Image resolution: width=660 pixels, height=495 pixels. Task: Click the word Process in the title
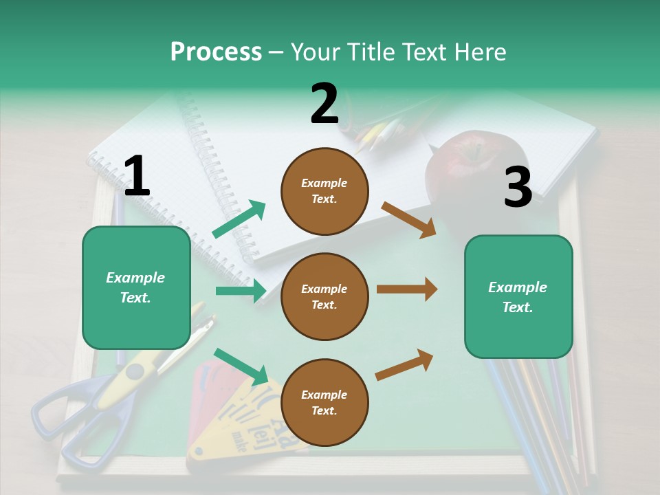coord(216,52)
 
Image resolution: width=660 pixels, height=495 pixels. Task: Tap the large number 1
coord(137,176)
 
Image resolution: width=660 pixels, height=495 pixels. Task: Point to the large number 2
coord(324,104)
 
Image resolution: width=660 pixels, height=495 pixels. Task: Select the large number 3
coord(518,188)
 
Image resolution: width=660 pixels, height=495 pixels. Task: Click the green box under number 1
coord(136,287)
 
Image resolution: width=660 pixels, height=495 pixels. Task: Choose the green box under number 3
coord(518,296)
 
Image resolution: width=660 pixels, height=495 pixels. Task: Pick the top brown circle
coord(324,191)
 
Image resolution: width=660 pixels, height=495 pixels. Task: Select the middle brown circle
coord(324,296)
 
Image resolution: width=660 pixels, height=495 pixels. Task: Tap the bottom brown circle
coord(324,402)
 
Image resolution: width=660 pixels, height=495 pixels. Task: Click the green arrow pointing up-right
coord(239,219)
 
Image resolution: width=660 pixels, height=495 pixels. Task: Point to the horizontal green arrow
coord(241,291)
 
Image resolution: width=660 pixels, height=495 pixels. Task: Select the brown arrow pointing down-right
coord(408,219)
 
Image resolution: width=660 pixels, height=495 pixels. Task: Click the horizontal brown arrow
coord(407,289)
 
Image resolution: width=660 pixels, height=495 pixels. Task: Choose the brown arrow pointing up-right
coord(404,364)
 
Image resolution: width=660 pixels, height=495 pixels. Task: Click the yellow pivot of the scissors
coord(135,372)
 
